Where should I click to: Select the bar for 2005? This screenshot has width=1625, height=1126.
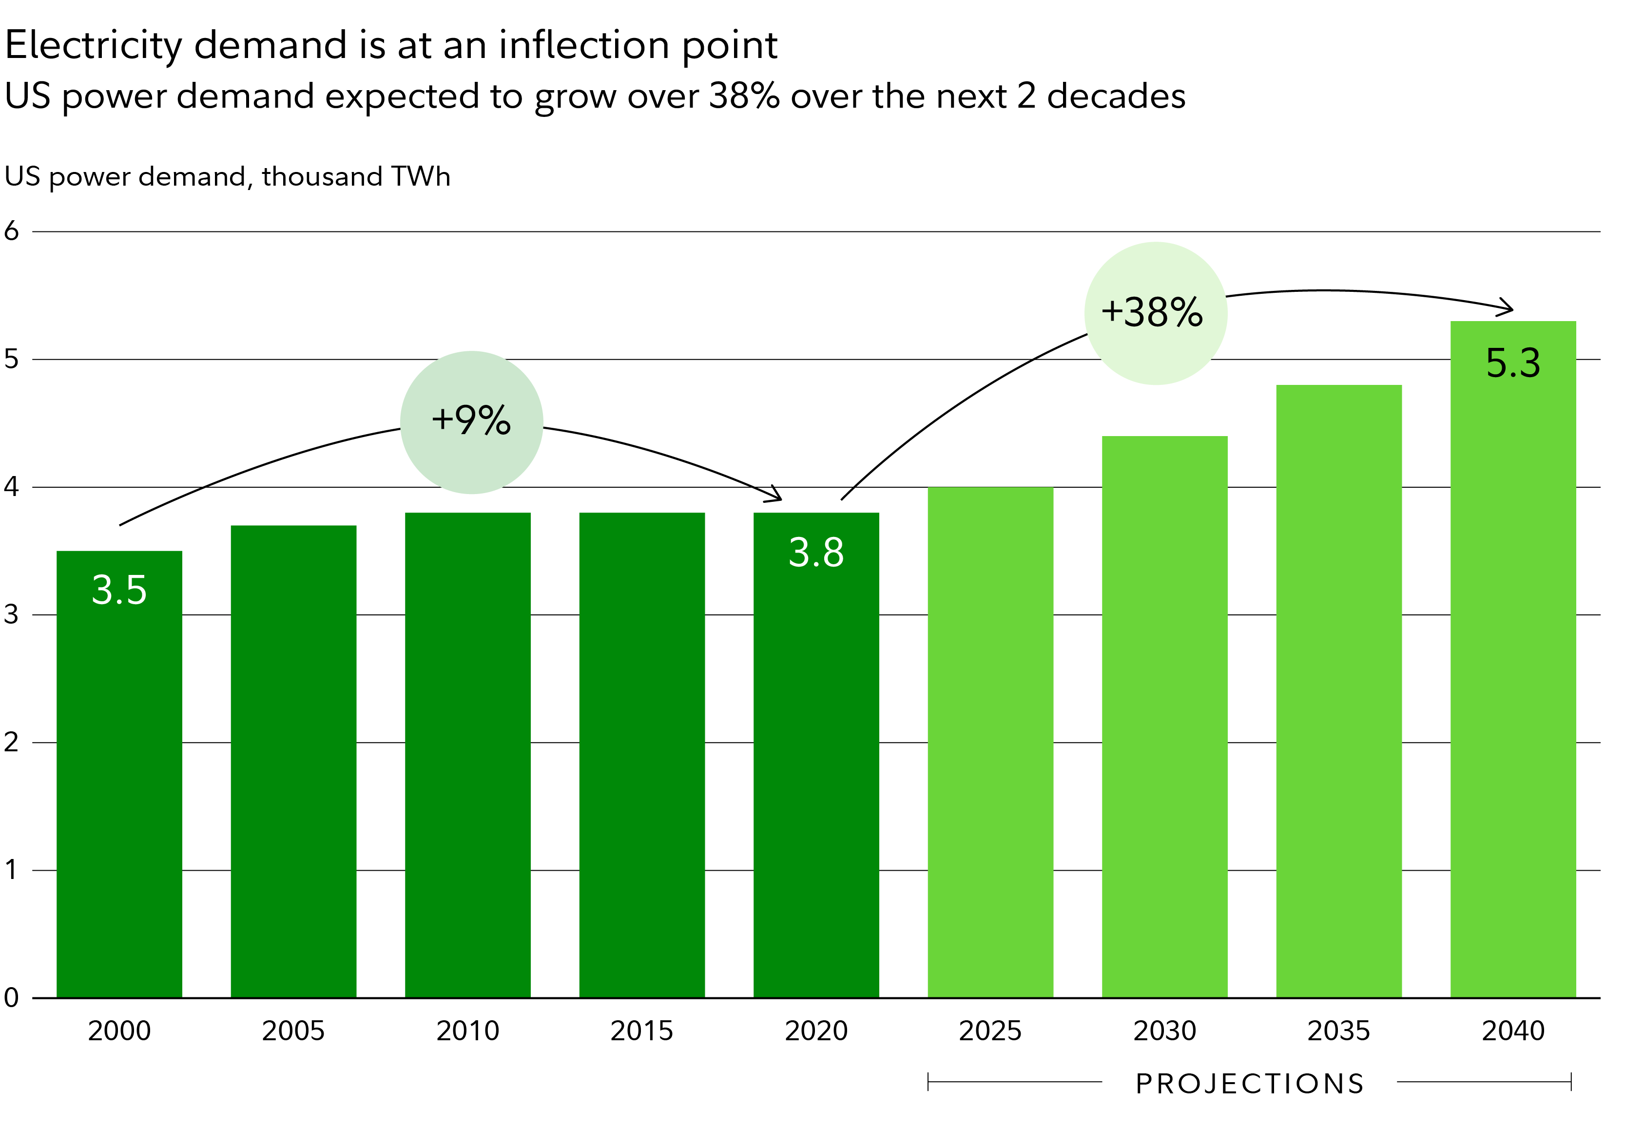293,762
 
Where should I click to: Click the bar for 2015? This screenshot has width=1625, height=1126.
641,755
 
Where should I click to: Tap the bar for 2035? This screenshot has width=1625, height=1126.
1338,691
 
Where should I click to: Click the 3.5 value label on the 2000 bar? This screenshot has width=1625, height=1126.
119,590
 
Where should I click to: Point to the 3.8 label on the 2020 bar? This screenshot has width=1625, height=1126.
816,553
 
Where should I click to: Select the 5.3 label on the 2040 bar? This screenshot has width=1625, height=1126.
1513,363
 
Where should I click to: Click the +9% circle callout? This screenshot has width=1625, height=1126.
471,422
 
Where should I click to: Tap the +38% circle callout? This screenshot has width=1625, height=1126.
1155,313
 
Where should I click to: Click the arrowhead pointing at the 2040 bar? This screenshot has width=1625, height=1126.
1509,307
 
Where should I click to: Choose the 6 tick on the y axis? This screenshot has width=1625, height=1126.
11,230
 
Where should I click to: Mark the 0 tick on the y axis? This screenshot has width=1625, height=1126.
11,997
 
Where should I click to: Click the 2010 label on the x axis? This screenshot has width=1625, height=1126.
467,1031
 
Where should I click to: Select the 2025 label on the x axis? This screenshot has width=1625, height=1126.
990,1031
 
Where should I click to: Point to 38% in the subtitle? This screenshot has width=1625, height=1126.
744,96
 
